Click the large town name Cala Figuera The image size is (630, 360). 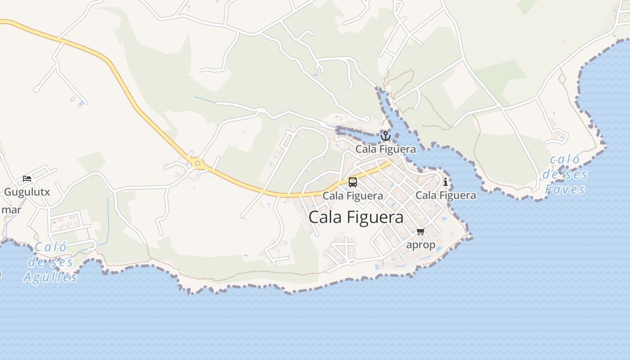356,217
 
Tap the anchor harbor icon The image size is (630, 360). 385,135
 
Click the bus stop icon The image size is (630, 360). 353,182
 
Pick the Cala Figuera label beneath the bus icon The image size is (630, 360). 353,196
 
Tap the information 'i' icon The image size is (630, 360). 445,182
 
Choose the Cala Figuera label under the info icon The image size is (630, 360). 445,195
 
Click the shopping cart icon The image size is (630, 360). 420,232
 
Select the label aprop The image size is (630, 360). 421,245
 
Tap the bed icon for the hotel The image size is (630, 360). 27,179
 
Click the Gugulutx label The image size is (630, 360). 27,192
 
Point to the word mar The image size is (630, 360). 11,210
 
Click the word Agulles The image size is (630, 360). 50,277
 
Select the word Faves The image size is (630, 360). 565,189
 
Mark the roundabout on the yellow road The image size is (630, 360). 197,163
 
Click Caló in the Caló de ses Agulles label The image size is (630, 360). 50,247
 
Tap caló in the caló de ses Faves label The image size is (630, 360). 565,160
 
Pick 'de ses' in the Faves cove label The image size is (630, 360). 565,175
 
